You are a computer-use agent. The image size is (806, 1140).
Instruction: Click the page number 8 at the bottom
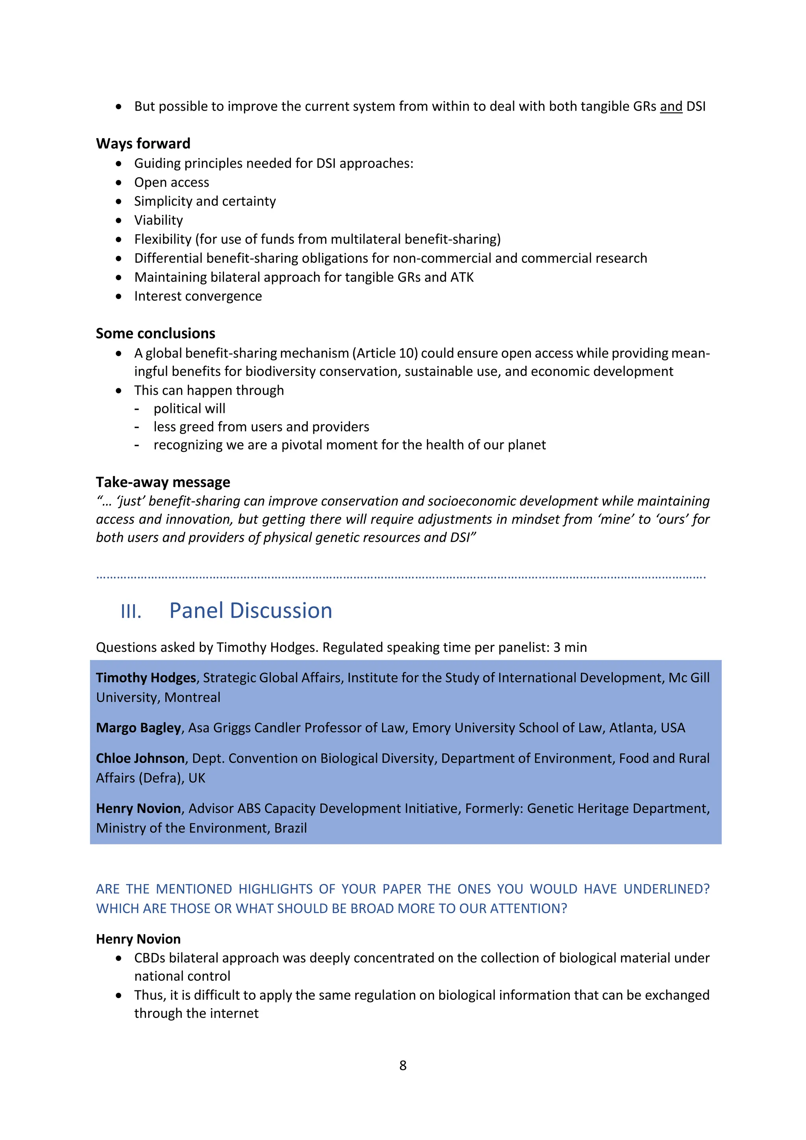tap(403, 1065)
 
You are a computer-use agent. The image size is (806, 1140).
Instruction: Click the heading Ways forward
tap(143, 144)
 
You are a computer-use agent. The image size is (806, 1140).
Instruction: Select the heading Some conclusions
tap(155, 333)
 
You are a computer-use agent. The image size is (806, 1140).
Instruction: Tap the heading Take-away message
tap(163, 482)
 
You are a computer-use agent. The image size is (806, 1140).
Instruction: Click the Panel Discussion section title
tap(251, 610)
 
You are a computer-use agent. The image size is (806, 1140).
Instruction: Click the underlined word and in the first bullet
tap(671, 106)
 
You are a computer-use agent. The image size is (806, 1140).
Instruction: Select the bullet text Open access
tap(172, 182)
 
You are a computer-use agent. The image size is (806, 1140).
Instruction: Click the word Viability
tap(158, 220)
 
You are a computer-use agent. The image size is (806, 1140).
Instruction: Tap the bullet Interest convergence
tap(198, 296)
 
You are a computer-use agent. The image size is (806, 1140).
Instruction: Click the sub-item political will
tap(189, 409)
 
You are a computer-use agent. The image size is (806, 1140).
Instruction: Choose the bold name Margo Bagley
tap(139, 727)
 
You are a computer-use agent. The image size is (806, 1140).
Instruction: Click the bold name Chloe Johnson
tap(140, 758)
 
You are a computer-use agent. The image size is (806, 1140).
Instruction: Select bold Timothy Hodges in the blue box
tap(146, 678)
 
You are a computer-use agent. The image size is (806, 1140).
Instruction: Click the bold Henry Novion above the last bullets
tap(138, 939)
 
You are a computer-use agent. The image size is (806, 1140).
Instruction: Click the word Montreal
tap(192, 697)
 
